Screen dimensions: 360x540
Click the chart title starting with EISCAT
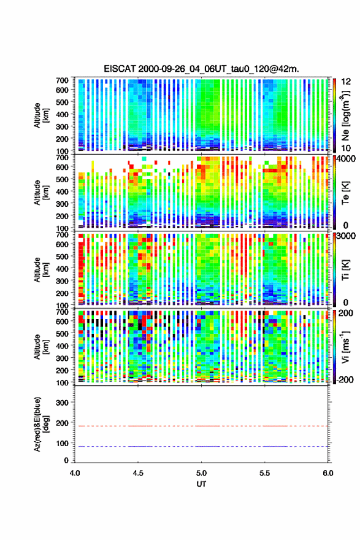click(201, 69)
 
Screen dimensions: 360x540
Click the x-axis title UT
click(201, 484)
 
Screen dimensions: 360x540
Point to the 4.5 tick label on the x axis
click(138, 473)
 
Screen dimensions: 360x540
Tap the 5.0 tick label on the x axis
click(201, 473)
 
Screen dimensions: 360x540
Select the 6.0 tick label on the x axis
click(327, 473)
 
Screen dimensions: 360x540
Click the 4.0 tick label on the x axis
click(75, 473)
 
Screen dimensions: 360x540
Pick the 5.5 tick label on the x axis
click(265, 473)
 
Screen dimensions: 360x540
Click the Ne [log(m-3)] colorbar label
click(346, 116)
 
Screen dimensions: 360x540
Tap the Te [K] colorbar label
click(345, 193)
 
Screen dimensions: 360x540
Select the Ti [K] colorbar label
click(345, 270)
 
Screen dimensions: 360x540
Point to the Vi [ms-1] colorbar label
click(346, 347)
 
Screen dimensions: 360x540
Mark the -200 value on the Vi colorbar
click(345, 379)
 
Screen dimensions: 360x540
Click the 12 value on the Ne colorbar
click(346, 82)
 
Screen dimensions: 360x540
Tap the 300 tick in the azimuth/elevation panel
click(62, 403)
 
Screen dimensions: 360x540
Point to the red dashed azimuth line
click(201, 426)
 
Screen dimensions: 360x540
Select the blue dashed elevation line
click(201, 446)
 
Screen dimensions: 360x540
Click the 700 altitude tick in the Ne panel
click(62, 80)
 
